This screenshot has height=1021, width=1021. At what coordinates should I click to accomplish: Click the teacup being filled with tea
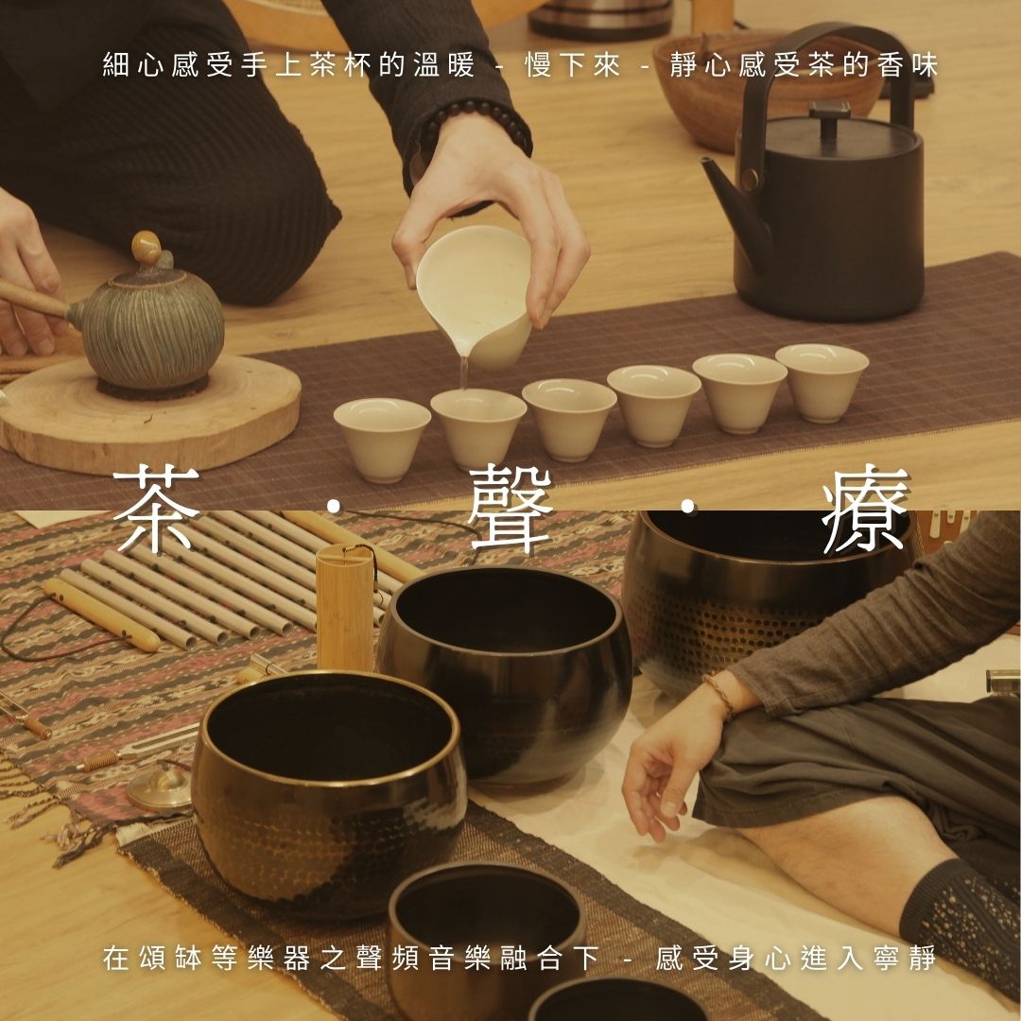coord(478,426)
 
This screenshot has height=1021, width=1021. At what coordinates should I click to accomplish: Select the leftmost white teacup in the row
coord(382,440)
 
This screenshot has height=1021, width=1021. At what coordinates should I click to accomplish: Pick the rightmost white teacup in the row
coord(822,382)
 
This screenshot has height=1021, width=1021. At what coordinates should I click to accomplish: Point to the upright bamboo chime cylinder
coord(344,609)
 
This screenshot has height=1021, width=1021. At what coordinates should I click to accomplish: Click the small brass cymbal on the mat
coord(160,787)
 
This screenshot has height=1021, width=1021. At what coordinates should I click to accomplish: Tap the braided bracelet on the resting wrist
coord(719,696)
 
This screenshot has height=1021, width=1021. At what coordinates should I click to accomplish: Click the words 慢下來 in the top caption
coord(573,66)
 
